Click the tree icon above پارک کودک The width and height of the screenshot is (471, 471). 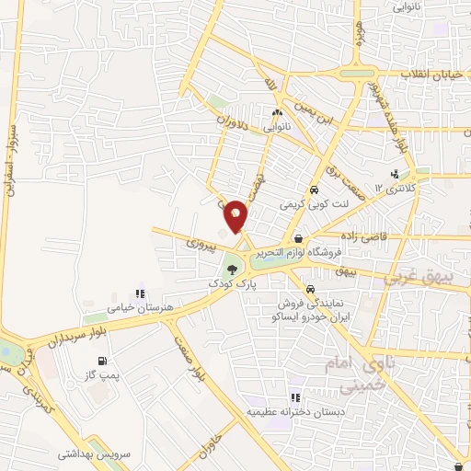click(x=231, y=270)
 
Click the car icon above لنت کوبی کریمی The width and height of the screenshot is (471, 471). click(x=314, y=189)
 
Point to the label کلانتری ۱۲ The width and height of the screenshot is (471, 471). click(x=394, y=188)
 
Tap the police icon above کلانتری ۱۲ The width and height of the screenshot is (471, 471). click(x=395, y=173)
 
